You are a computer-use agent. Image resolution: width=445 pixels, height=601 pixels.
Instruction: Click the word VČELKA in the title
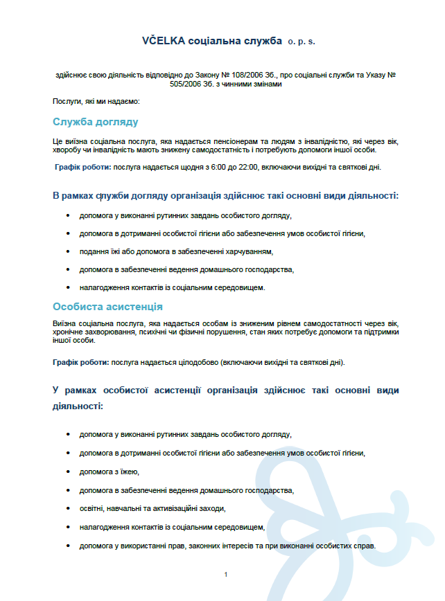tap(163, 42)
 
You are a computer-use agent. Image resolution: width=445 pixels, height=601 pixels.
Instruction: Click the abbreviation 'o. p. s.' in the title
tap(302, 42)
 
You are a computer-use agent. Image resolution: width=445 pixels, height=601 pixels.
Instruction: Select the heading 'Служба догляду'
tap(96, 122)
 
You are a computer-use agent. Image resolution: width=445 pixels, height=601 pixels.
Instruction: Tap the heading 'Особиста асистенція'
tap(107, 306)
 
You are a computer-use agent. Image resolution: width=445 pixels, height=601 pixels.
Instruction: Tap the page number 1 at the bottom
tap(226, 574)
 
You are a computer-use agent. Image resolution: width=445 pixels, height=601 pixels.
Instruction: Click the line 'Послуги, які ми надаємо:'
tap(96, 102)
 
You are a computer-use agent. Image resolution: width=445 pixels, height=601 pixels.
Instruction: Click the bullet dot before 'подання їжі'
tap(67, 251)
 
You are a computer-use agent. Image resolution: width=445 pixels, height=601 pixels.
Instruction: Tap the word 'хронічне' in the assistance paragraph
tap(68, 332)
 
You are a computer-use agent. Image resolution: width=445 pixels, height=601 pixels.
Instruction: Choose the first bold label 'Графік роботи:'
tap(83, 167)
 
